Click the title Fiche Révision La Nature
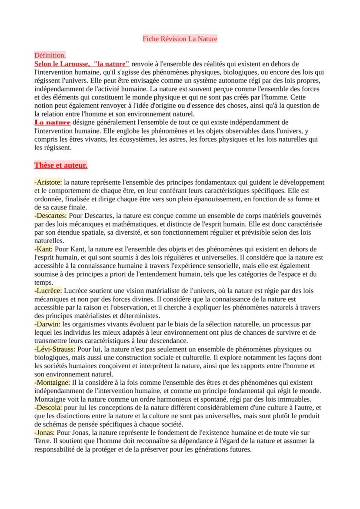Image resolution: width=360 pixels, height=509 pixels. tap(180, 39)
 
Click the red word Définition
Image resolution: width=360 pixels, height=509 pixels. tap(50, 56)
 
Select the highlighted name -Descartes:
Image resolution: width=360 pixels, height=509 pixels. tap(50, 216)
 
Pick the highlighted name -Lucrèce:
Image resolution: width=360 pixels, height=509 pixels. tap(48, 290)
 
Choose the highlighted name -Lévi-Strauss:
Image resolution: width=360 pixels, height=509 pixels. tap(55, 349)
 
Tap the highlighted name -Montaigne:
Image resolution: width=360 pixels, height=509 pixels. tap(52, 383)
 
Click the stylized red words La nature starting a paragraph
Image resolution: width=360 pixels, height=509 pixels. tap(52, 123)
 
